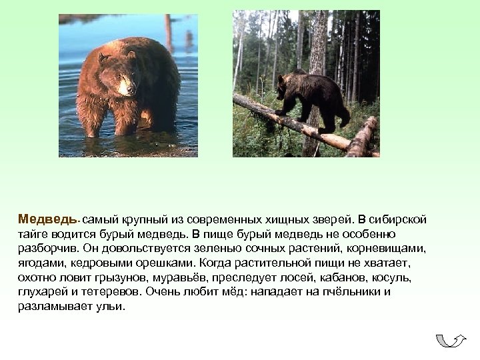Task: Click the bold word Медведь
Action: (41, 219)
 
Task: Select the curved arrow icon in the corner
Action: (451, 341)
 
